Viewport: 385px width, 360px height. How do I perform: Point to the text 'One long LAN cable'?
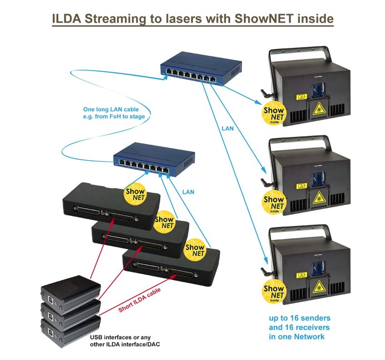pyautogui.click(x=111, y=109)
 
